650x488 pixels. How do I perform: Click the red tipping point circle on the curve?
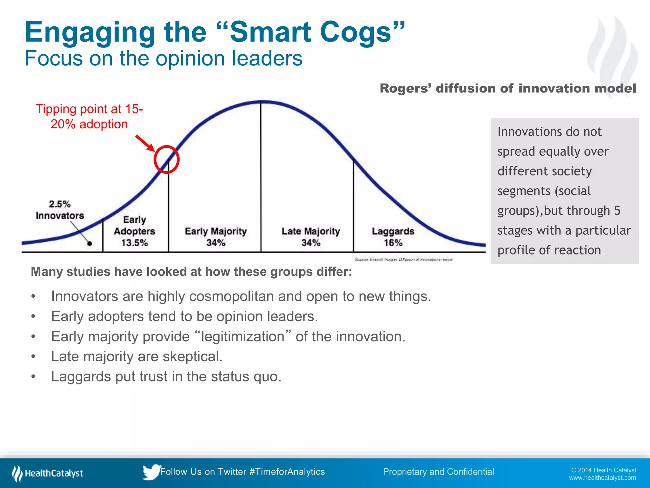click(x=167, y=159)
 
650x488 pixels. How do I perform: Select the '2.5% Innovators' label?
click(x=60, y=210)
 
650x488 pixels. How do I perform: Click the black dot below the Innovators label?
click(x=90, y=244)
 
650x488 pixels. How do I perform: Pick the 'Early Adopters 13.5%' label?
click(x=135, y=231)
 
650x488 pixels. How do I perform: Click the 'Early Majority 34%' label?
click(x=216, y=237)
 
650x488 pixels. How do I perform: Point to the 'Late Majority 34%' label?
click(x=311, y=237)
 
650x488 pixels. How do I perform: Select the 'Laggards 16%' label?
click(x=393, y=237)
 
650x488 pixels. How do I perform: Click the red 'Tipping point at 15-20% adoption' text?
click(x=89, y=117)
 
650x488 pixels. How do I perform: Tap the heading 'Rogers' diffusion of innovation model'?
click(x=508, y=88)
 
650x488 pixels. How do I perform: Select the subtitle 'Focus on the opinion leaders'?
click(x=163, y=58)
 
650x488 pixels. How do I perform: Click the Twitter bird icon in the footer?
click(x=151, y=472)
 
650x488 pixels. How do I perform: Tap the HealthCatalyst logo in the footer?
click(x=48, y=473)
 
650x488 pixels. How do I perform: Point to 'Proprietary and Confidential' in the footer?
click(x=438, y=472)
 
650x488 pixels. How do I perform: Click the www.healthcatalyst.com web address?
click(x=602, y=478)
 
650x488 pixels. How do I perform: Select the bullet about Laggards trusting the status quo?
click(x=166, y=376)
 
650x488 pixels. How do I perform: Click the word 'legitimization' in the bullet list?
click(x=243, y=336)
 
